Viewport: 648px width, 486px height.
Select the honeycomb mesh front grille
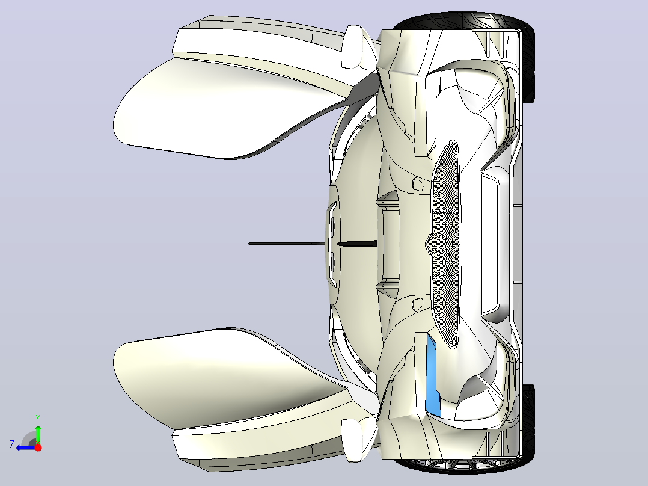click(x=445, y=244)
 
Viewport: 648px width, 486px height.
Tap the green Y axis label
click(x=38, y=419)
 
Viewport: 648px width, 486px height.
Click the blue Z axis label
click(x=12, y=444)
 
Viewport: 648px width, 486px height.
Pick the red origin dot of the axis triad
click(x=38, y=447)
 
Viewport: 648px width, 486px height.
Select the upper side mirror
click(x=353, y=46)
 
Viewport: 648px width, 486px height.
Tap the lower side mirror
click(x=353, y=440)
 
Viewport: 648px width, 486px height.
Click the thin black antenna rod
click(x=313, y=244)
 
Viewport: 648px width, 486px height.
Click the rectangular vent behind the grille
click(x=388, y=244)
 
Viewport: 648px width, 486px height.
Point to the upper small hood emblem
click(x=418, y=183)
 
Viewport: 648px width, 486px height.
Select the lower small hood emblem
click(x=418, y=304)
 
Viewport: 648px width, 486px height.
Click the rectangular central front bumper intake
click(x=492, y=244)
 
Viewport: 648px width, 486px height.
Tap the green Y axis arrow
click(x=38, y=434)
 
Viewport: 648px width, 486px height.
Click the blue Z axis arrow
click(x=26, y=448)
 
